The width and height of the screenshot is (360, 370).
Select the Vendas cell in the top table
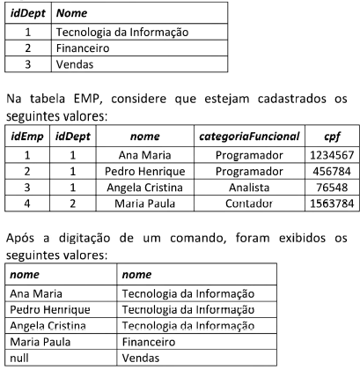click(74, 64)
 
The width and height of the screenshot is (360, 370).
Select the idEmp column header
click(26, 137)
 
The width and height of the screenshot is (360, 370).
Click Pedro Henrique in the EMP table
click(142, 171)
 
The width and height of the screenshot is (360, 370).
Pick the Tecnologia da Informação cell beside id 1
click(121, 33)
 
